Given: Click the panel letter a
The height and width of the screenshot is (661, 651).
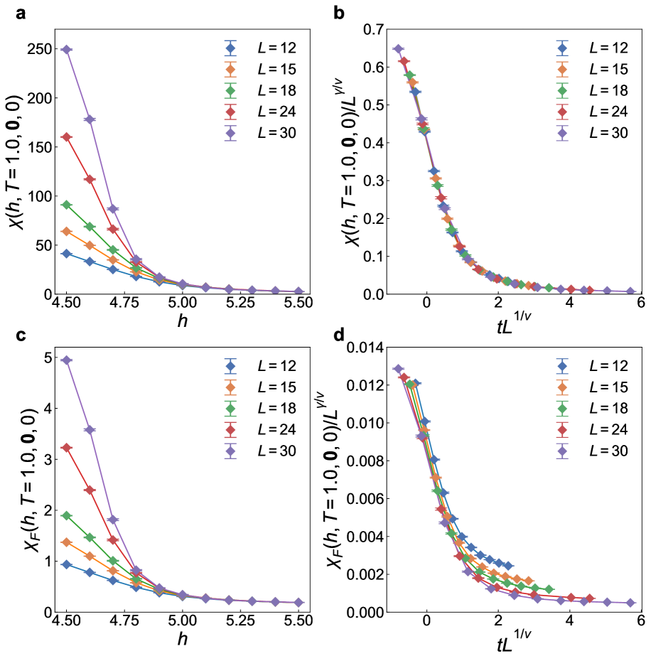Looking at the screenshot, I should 12,12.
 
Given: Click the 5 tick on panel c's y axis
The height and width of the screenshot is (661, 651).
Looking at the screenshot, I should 45,358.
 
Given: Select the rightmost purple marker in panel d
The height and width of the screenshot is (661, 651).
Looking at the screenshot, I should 630,603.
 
